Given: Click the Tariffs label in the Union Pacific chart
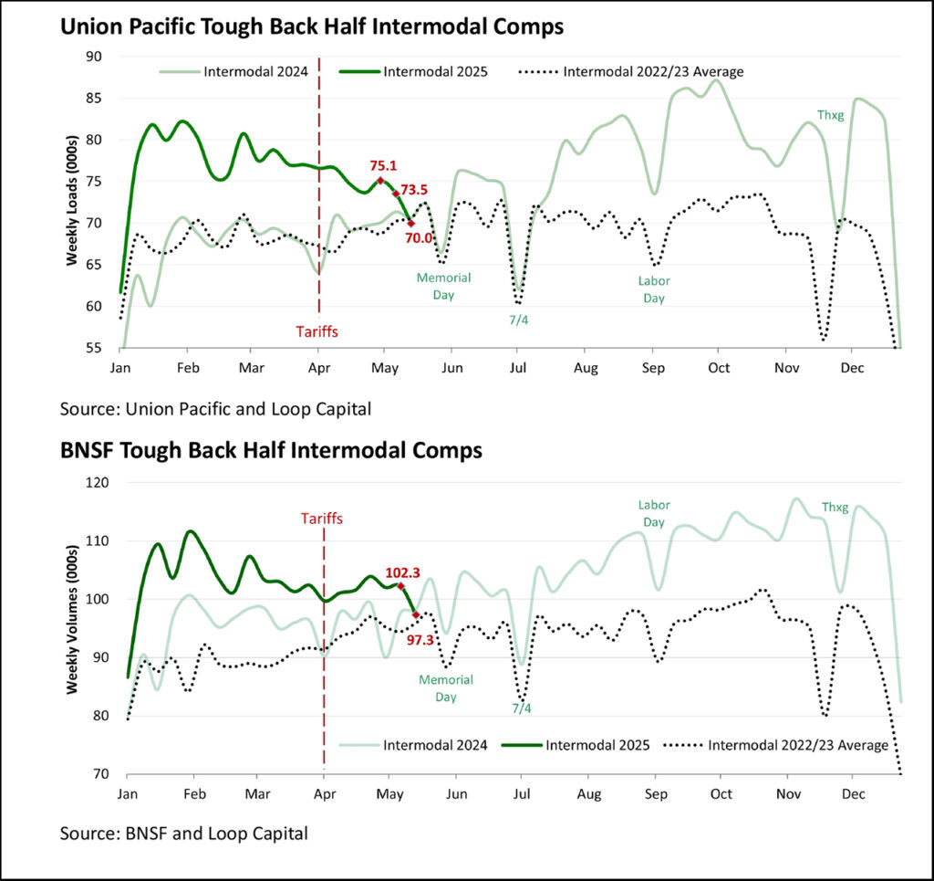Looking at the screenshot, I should tap(318, 331).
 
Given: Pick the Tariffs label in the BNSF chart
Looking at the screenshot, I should tap(324, 519).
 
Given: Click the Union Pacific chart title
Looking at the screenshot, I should tap(311, 27).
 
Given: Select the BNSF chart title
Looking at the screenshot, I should tap(271, 450).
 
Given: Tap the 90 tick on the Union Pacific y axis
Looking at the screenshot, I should tap(94, 57).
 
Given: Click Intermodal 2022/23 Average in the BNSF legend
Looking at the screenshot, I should tap(798, 745).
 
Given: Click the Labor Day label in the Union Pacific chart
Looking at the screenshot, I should tap(651, 289).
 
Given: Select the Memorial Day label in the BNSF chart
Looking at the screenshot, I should tap(444, 687).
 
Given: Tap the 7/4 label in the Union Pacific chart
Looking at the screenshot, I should tap(517, 320).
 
